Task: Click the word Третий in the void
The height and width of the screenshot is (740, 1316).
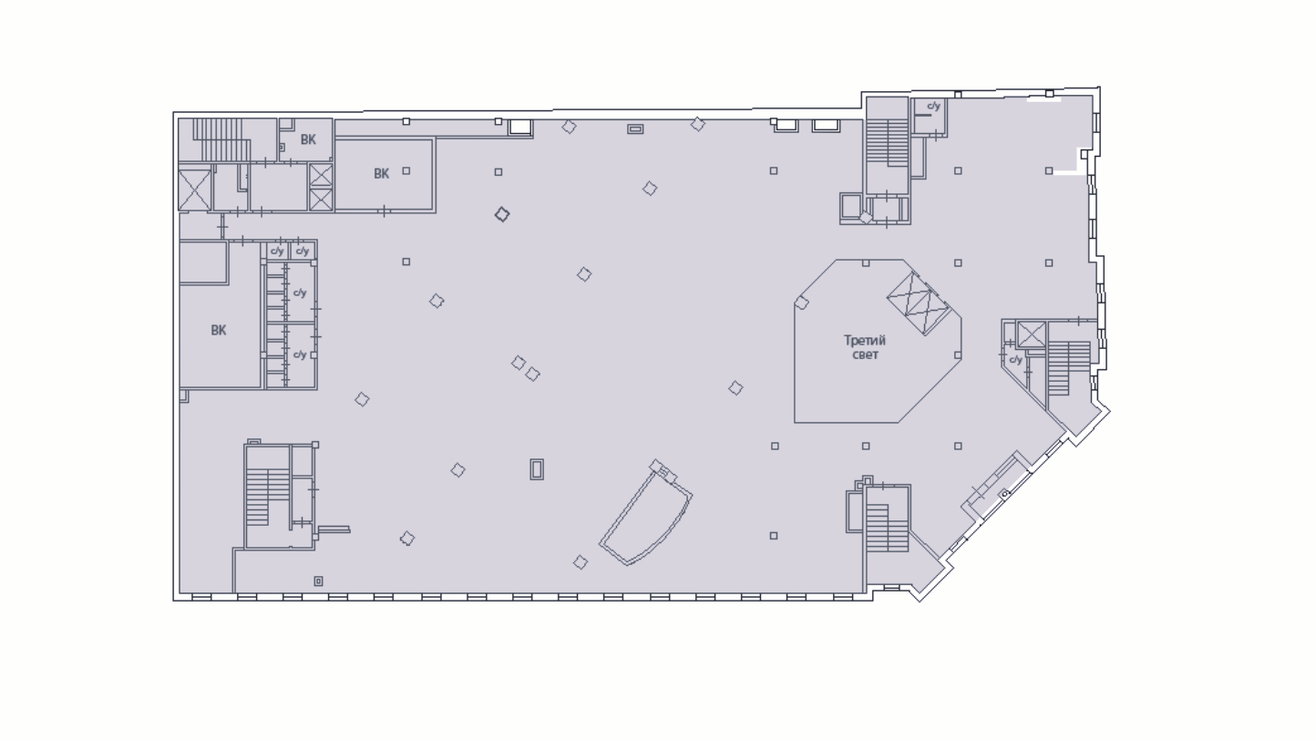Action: pyautogui.click(x=864, y=341)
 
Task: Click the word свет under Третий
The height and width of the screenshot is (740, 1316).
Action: pyautogui.click(x=865, y=355)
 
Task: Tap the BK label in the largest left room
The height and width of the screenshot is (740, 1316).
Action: pyautogui.click(x=219, y=331)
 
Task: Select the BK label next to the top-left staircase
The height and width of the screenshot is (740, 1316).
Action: pyautogui.click(x=308, y=139)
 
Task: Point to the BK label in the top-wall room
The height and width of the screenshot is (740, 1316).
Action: pyautogui.click(x=381, y=174)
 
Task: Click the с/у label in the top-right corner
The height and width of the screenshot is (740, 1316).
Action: pyautogui.click(x=933, y=107)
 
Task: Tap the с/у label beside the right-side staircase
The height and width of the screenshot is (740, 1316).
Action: pyautogui.click(x=1016, y=359)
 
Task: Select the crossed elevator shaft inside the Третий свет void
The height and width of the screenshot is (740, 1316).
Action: pyautogui.click(x=919, y=303)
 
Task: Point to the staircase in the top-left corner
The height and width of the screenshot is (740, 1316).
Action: pyautogui.click(x=218, y=139)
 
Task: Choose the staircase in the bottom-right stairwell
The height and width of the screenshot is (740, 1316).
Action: pyautogui.click(x=887, y=528)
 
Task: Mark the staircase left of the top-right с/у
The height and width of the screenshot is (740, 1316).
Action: pyautogui.click(x=888, y=143)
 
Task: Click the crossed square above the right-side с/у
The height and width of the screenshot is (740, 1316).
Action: pyautogui.click(x=1032, y=334)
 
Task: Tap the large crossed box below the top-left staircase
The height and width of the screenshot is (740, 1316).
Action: pyautogui.click(x=194, y=190)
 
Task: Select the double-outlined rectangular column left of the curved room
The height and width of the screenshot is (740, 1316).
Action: pyautogui.click(x=537, y=470)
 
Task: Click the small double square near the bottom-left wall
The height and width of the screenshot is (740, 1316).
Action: pyautogui.click(x=318, y=581)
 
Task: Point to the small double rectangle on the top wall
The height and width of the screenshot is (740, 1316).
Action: pyautogui.click(x=635, y=128)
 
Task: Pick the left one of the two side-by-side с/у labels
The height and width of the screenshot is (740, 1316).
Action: pyautogui.click(x=277, y=251)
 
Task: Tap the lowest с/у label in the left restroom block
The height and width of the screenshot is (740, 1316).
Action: pyautogui.click(x=300, y=355)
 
